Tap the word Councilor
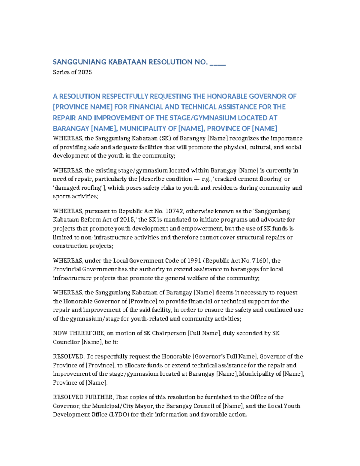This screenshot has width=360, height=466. (x=66, y=342)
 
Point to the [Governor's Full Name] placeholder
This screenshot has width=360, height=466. (x=225, y=356)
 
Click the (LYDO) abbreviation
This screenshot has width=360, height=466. (x=119, y=414)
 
